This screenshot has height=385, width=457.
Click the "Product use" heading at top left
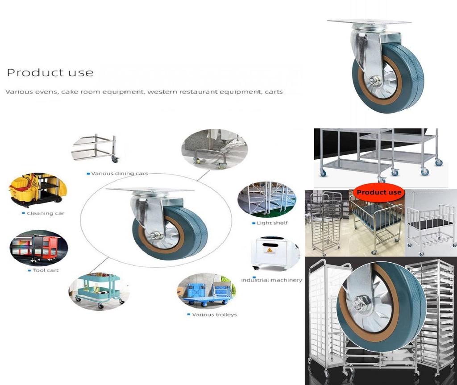[50, 73]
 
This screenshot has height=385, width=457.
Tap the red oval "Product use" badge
[379, 192]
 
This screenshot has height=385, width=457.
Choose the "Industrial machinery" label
[271, 280]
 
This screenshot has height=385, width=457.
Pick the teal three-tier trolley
[99, 290]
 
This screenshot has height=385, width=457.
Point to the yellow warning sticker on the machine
[270, 250]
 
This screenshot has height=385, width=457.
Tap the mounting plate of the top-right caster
[369, 22]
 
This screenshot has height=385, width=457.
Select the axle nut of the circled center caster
[156, 235]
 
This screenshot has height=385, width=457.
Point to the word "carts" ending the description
[274, 92]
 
